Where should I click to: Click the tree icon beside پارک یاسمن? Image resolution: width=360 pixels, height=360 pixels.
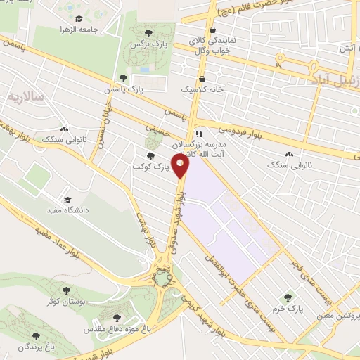click(123, 79)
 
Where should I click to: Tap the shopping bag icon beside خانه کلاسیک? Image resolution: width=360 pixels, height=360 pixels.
click(202, 79)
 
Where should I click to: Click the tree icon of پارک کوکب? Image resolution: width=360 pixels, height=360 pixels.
click(149, 156)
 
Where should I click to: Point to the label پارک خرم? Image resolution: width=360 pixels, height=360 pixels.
click(286, 309)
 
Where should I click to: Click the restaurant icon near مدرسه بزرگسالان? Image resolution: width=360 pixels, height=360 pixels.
click(199, 132)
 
